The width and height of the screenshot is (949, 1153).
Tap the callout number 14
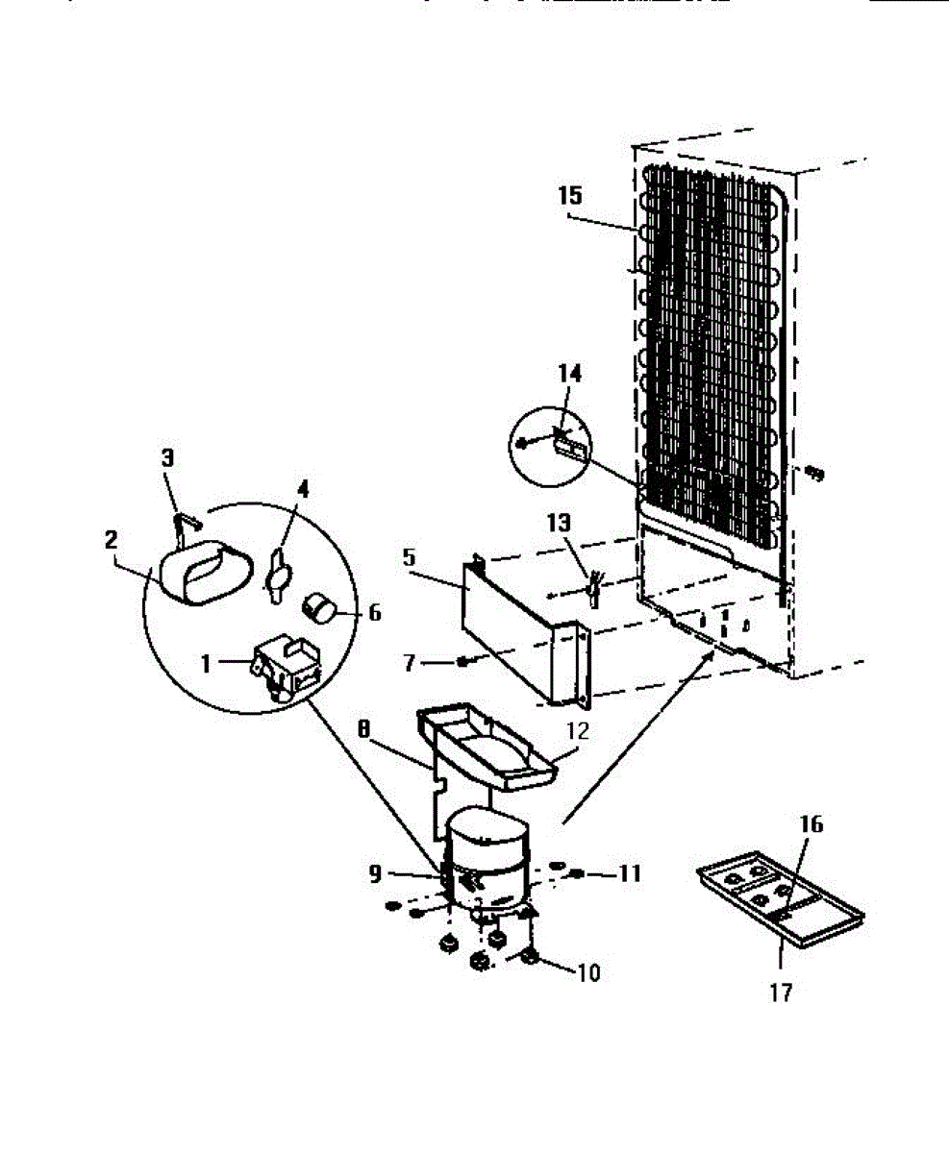(x=571, y=373)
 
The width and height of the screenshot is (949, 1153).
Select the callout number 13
(x=559, y=524)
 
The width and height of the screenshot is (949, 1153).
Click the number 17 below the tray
(x=782, y=992)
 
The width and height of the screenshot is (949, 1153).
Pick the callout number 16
(x=811, y=824)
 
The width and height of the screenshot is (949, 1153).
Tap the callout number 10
(x=587, y=972)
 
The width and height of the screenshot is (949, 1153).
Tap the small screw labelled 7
(x=463, y=661)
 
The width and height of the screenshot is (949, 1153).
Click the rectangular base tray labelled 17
(x=780, y=903)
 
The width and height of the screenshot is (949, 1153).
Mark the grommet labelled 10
(x=531, y=957)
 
